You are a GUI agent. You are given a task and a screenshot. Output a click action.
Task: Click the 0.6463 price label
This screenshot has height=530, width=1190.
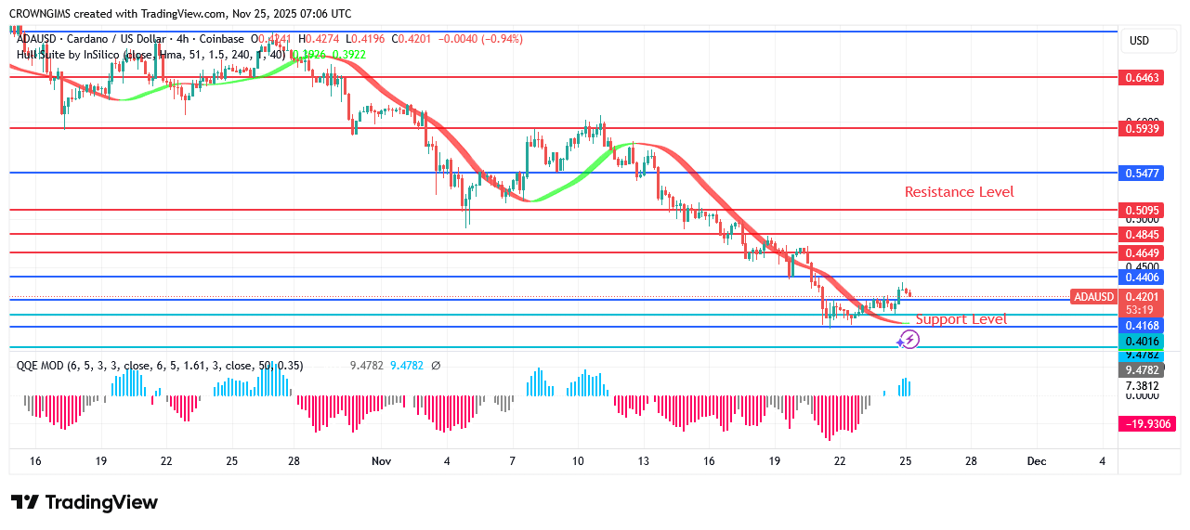pyautogui.click(x=1142, y=78)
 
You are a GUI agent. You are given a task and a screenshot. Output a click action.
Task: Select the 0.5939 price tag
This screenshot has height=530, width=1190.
pyautogui.click(x=1142, y=129)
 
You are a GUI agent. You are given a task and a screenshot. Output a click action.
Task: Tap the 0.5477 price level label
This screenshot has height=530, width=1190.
pyautogui.click(x=1142, y=174)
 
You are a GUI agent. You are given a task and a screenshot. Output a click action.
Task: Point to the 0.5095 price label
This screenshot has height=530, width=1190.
pyautogui.click(x=1142, y=211)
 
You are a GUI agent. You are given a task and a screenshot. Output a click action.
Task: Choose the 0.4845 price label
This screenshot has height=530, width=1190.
pyautogui.click(x=1142, y=235)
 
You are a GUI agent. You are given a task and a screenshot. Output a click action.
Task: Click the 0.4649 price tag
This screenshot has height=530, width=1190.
pyautogui.click(x=1142, y=252)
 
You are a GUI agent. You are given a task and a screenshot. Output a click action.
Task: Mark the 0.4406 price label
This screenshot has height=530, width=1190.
pyautogui.click(x=1142, y=277)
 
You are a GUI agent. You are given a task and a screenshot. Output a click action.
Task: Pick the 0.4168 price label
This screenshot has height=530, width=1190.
pyautogui.click(x=1142, y=326)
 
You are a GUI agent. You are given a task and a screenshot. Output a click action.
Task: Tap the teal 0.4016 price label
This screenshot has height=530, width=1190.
pyautogui.click(x=1142, y=342)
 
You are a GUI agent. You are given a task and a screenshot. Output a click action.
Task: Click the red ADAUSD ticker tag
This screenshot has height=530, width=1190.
pyautogui.click(x=1093, y=297)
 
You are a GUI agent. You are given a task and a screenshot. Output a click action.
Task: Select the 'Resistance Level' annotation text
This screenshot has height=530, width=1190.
pyautogui.click(x=959, y=192)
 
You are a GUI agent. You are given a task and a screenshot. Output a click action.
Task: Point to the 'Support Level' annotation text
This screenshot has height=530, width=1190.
pyautogui.click(x=961, y=319)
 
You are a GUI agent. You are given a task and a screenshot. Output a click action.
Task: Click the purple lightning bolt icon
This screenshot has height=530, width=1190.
pyautogui.click(x=909, y=340)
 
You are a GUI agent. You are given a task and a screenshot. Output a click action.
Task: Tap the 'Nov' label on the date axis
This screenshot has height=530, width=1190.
pyautogui.click(x=381, y=461)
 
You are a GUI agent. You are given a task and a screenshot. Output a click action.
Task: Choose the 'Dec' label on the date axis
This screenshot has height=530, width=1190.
pyautogui.click(x=1036, y=461)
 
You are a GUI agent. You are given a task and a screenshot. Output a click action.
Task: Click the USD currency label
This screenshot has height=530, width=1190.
pyautogui.click(x=1139, y=41)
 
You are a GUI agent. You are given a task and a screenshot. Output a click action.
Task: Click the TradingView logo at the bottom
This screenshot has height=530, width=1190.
pyautogui.click(x=85, y=502)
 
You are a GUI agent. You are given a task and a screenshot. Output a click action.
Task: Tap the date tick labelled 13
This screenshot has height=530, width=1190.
pyautogui.click(x=643, y=461)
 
